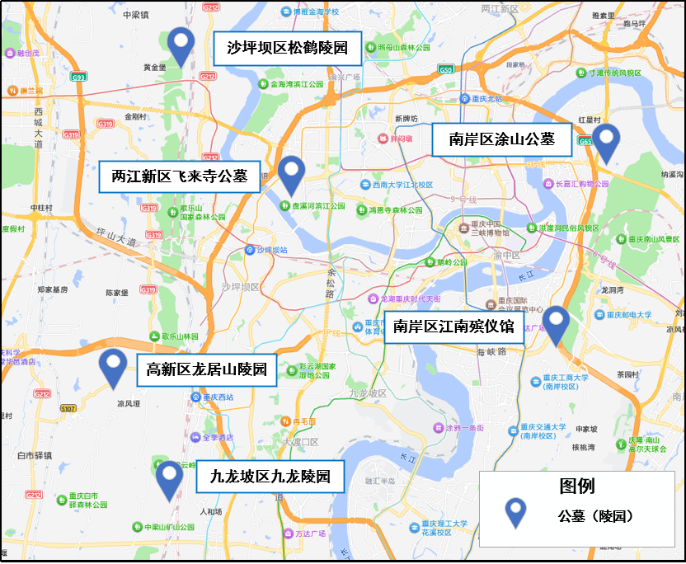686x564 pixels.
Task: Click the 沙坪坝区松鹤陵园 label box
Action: point(287,49)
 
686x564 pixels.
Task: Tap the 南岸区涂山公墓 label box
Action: point(502,139)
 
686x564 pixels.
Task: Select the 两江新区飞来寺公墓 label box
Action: point(179,176)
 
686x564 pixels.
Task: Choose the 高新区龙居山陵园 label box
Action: point(207,370)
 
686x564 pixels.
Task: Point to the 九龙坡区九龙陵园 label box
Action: point(270,476)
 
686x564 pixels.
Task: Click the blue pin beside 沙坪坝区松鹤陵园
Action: point(181,45)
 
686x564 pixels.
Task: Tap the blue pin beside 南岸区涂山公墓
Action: point(607,140)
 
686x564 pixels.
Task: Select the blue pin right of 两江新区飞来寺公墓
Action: point(290,172)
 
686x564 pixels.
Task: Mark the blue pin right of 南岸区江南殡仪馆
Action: point(557,322)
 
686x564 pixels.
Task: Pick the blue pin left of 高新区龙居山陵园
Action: point(112,365)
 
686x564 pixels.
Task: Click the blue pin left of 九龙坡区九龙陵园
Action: point(170,477)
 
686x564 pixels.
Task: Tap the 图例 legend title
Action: point(576,486)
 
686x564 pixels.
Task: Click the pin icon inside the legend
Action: point(517,512)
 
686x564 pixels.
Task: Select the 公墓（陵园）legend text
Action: point(594,516)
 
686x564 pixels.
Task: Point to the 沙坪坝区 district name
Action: point(240,287)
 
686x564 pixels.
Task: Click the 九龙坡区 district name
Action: point(368,394)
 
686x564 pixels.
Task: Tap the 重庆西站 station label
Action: point(218,397)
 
